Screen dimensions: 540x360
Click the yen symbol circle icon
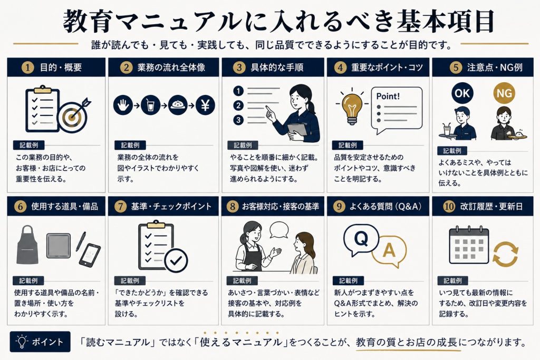[x=205, y=105]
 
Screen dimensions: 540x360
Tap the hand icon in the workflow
[x=123, y=105]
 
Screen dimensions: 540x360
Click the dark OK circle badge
[x=462, y=93]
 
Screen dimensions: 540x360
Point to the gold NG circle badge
[x=504, y=93]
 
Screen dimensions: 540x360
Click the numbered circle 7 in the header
[x=120, y=206]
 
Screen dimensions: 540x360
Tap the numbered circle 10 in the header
[x=449, y=206]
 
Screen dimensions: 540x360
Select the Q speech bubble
[x=361, y=240]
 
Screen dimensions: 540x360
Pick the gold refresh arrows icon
[x=505, y=254]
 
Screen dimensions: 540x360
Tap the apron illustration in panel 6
[x=27, y=245]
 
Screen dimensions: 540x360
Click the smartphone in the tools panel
[x=90, y=255]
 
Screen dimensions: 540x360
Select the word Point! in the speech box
[x=388, y=96]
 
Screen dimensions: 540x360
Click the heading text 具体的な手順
[x=277, y=67]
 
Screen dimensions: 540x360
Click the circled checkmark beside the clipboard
[x=176, y=260]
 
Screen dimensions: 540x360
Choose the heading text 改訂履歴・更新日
[x=491, y=206]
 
